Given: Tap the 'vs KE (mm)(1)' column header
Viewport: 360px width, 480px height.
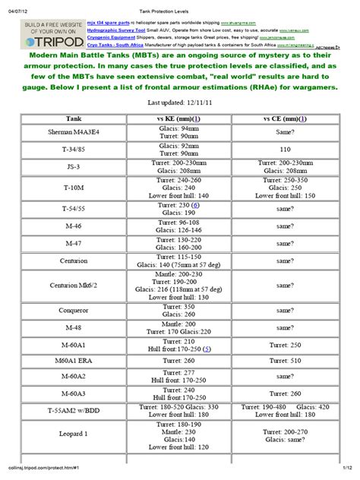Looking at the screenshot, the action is (x=178, y=118).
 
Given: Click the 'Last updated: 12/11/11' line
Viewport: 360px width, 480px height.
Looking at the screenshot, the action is (x=180, y=103).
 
